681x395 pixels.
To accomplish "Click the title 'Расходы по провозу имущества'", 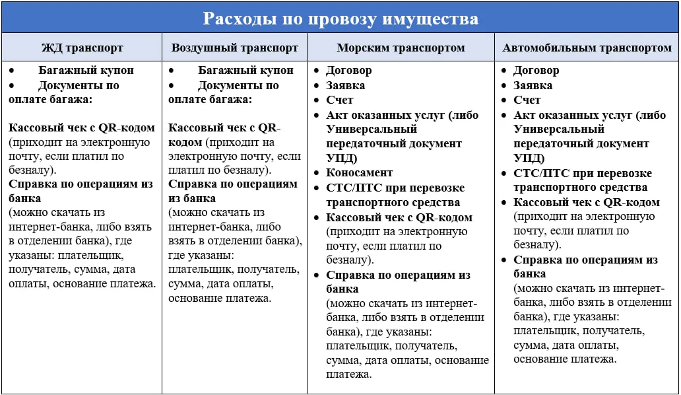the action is pos(340,18).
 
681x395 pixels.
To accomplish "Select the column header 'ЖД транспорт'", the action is pos(82,48).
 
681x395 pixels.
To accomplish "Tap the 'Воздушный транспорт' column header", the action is pos(235,48).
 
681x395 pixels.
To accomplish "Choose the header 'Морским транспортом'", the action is pos(401,48).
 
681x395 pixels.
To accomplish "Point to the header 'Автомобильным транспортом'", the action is pos(587,48).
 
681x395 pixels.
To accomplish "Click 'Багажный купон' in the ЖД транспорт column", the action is pos(86,70).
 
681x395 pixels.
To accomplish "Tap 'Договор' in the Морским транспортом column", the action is pos(349,70).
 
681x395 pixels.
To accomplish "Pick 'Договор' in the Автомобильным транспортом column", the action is pos(536,70).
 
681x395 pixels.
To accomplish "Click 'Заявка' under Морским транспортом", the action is pos(346,85).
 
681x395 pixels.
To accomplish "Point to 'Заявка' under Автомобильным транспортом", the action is pos(533,85).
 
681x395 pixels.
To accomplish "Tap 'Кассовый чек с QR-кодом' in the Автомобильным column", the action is pos(587,202).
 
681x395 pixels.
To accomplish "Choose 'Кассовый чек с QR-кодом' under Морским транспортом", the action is pos(399,217).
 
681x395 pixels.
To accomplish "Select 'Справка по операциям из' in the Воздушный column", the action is pos(233,184).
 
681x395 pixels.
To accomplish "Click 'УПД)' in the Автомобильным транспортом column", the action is pos(529,158).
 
